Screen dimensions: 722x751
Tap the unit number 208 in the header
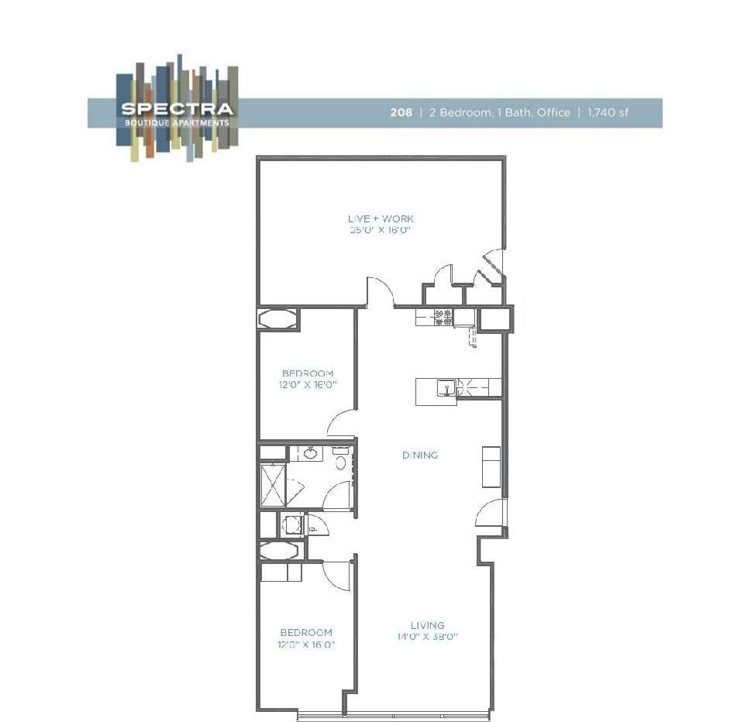coord(401,112)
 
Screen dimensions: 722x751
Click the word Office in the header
coord(553,112)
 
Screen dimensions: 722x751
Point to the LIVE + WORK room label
coord(381,219)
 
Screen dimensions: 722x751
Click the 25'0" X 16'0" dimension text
coord(381,230)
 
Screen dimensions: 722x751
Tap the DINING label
coord(420,455)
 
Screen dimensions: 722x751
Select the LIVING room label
coord(427,625)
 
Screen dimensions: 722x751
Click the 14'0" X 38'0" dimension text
coord(427,637)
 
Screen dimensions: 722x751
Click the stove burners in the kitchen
coord(443,317)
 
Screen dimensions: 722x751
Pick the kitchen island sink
coord(446,387)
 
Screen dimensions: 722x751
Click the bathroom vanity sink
coord(310,453)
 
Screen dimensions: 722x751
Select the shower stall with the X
coord(273,484)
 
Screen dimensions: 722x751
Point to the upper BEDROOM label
coord(308,373)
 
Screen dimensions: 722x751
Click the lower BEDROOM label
coord(306,632)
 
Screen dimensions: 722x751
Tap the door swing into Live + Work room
coord(381,291)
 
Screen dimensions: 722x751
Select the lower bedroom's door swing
coord(338,576)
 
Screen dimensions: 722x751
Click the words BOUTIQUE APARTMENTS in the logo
coord(177,122)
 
